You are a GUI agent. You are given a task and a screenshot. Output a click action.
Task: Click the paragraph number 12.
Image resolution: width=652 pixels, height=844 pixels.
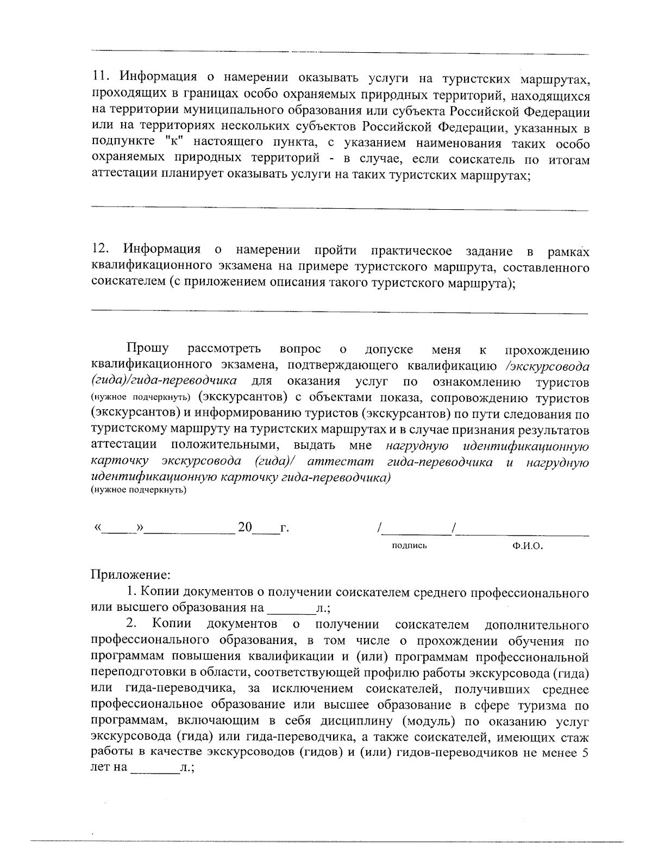tap(101, 251)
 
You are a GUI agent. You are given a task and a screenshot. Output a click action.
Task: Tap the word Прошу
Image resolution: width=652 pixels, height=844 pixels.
tap(147, 348)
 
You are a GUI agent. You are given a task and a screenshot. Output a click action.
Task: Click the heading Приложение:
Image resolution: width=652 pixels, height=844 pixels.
tap(130, 574)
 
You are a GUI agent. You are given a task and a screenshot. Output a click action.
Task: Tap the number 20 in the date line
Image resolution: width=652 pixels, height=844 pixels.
tap(245, 527)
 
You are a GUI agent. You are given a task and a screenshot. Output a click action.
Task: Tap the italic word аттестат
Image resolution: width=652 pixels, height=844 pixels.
tap(340, 462)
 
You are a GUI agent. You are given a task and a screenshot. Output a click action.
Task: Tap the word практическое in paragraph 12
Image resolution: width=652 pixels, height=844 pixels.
tap(411, 251)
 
